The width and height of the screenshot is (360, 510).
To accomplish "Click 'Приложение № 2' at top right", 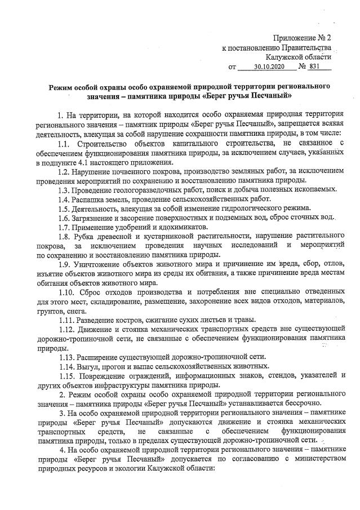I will [x=302, y=38].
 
